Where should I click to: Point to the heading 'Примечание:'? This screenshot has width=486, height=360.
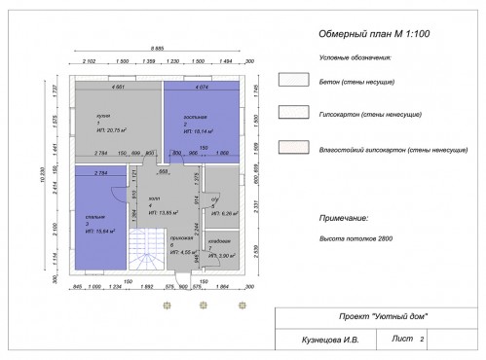(342, 220)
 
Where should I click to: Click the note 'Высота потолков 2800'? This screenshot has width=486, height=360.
(351, 237)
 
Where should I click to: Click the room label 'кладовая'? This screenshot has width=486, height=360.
(219, 240)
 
